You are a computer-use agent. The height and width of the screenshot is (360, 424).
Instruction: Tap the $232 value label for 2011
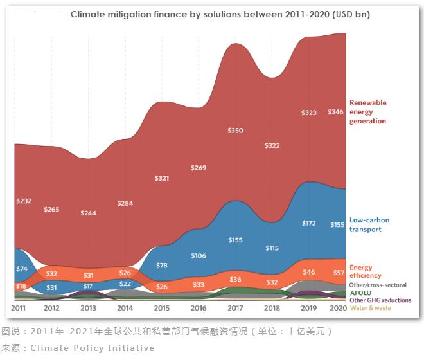[x=24, y=201]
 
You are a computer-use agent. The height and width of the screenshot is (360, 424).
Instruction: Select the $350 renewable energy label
[x=235, y=130]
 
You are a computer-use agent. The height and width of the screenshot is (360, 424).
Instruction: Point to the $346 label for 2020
[x=335, y=112]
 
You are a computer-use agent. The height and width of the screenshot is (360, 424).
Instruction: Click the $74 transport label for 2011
[x=22, y=267]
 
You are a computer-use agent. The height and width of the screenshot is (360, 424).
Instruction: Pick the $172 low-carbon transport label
[x=309, y=223]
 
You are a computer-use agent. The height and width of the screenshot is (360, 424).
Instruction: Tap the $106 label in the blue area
[x=199, y=255]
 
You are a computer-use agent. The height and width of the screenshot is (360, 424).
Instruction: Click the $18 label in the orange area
[x=21, y=286]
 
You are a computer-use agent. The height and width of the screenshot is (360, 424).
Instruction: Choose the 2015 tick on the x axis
[x=162, y=309]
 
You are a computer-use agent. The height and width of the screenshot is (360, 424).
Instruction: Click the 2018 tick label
[x=272, y=309]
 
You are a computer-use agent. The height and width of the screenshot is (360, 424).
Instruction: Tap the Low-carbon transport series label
[x=369, y=224]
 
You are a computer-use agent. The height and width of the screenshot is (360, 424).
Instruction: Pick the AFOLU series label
[x=360, y=292]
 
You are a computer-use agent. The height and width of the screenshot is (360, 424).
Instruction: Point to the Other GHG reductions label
[x=380, y=300]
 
